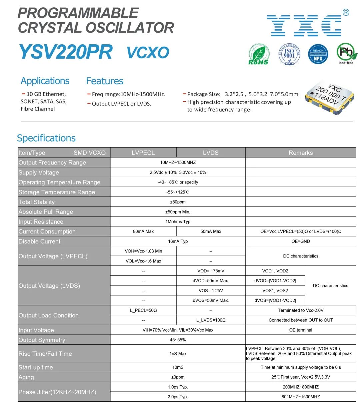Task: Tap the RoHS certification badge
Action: click(259, 54)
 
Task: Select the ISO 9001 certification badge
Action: click(289, 54)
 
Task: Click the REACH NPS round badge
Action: click(318, 54)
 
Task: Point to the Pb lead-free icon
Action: click(346, 53)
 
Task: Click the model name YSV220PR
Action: click(65, 52)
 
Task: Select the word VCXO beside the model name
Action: click(148, 53)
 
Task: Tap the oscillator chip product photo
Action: click(330, 97)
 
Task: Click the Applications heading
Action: click(45, 81)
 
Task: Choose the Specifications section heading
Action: click(46, 138)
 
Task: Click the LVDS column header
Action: click(211, 153)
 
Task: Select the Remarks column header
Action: click(300, 153)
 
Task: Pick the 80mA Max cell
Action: click(143, 231)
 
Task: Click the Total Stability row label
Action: click(37, 202)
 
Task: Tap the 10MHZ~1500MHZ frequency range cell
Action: click(178, 163)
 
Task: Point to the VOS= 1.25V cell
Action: click(211, 290)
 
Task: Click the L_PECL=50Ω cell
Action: click(143, 310)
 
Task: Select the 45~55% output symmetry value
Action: click(178, 340)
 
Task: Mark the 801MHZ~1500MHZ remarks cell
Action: click(300, 397)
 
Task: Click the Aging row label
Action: click(26, 377)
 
